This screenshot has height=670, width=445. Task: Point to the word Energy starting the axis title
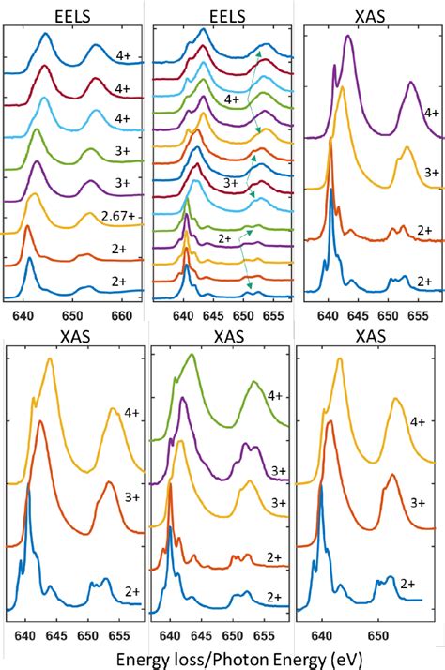point(142,660)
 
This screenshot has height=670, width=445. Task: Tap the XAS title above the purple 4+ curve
point(369,11)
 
